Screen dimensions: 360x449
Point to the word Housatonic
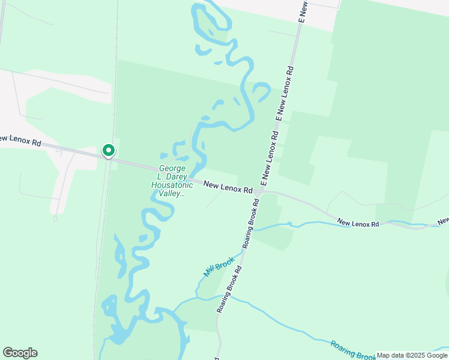[x=172, y=185]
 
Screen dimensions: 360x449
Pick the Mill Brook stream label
[x=217, y=267]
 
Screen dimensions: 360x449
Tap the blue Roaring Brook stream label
[x=353, y=351]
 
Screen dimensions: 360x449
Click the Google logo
[x=20, y=353]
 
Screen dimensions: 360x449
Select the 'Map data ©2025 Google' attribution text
[x=412, y=355]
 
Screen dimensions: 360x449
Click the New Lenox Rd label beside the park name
[x=228, y=188]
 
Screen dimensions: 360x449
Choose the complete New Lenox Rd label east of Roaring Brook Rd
[x=359, y=224]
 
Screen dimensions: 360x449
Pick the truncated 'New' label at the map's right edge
[x=443, y=221]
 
